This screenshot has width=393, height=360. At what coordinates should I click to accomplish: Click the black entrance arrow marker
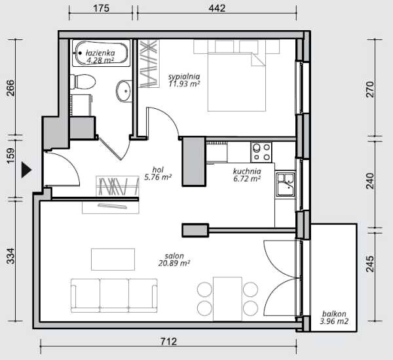(26, 170)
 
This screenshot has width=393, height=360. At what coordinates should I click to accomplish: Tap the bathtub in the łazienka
(102, 53)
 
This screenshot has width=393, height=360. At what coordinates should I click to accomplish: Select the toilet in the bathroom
(83, 82)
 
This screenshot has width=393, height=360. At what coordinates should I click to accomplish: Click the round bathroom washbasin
(124, 90)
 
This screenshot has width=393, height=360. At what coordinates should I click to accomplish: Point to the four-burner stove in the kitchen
(261, 152)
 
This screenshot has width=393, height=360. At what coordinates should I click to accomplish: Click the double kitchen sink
(286, 184)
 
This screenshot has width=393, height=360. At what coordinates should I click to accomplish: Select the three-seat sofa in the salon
(114, 295)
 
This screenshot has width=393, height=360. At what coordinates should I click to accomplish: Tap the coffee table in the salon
(113, 260)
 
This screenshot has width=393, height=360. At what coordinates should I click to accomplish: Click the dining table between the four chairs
(227, 298)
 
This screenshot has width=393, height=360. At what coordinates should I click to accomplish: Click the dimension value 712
(169, 342)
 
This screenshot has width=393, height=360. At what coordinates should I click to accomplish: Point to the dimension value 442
(217, 9)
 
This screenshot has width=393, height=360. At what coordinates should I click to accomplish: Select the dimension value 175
(102, 9)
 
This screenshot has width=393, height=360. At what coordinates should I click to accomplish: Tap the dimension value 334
(10, 256)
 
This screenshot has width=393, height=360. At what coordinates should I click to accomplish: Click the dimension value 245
(370, 264)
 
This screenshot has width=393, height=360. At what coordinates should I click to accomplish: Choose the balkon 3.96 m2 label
(334, 317)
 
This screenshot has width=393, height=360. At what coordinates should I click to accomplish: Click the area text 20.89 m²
(174, 263)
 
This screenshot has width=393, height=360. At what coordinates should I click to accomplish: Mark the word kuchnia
(247, 171)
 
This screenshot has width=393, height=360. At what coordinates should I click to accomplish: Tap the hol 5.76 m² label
(158, 173)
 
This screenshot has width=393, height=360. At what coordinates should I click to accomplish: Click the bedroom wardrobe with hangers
(149, 64)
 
